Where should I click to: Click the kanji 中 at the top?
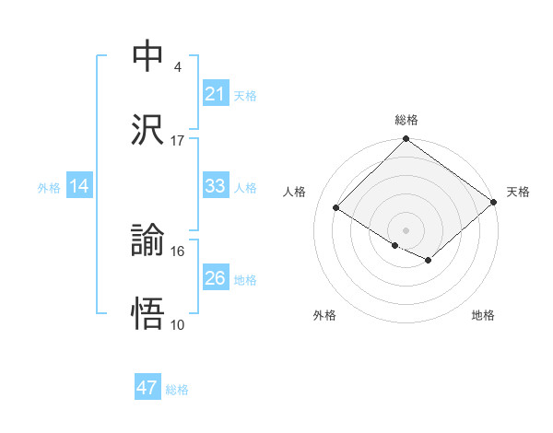[x=148, y=56]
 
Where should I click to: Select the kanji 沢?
[x=148, y=130]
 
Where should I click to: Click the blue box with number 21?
[x=215, y=94]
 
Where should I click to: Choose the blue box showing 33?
[x=215, y=186]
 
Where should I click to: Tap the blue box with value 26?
[x=215, y=278]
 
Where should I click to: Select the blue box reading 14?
[x=79, y=186]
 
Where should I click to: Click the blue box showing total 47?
[x=147, y=388]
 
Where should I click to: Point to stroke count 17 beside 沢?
[x=178, y=141]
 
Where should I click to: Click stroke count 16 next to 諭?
[x=178, y=251]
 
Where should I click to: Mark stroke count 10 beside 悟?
[x=178, y=325]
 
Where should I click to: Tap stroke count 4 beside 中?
[x=177, y=66]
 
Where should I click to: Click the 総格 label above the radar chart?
[x=406, y=120]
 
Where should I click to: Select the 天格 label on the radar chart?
[x=518, y=192]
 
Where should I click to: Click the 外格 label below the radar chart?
[x=324, y=315]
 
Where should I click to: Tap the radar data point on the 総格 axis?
[x=406, y=140]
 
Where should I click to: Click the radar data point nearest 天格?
[x=495, y=204]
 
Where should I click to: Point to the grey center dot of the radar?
[x=406, y=229]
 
